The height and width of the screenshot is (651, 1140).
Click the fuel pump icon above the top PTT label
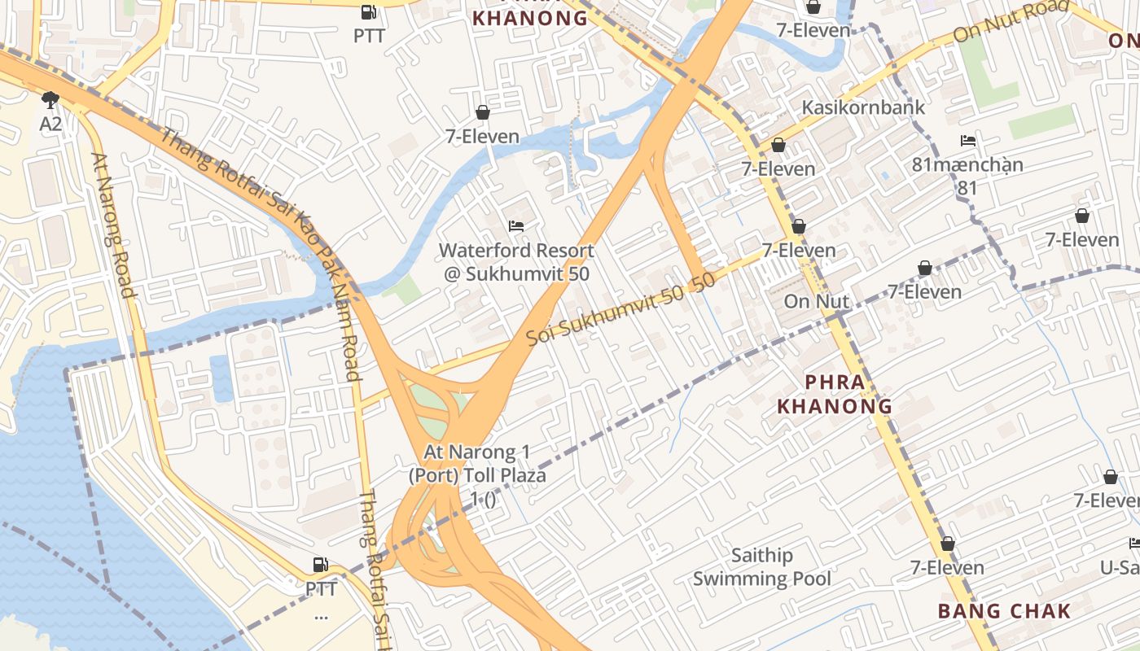pos(369,12)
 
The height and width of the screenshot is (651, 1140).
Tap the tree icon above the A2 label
pos(50,100)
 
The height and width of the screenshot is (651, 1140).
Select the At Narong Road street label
pos(113,225)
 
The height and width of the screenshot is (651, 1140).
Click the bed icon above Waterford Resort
pos(515,225)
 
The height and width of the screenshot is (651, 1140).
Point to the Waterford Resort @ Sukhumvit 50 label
pos(516,262)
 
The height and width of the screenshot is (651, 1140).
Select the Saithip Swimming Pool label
pos(761,567)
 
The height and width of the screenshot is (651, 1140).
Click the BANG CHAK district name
pos(1004,611)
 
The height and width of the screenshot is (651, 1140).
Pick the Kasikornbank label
pos(863,107)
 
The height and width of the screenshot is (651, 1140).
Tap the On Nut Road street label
pos(1011,22)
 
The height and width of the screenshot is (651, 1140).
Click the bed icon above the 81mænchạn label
pos(967,141)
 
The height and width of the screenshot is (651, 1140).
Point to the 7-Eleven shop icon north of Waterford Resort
pos(483,112)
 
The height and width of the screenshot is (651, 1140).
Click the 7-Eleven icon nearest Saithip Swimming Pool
pos(947,544)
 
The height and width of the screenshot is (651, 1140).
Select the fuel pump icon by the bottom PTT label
pos(321,564)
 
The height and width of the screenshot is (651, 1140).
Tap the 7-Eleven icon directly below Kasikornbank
pos(778,145)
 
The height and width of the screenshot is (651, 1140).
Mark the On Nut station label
pos(816,301)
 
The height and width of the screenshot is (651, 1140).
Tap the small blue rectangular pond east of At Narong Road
pos(221,378)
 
